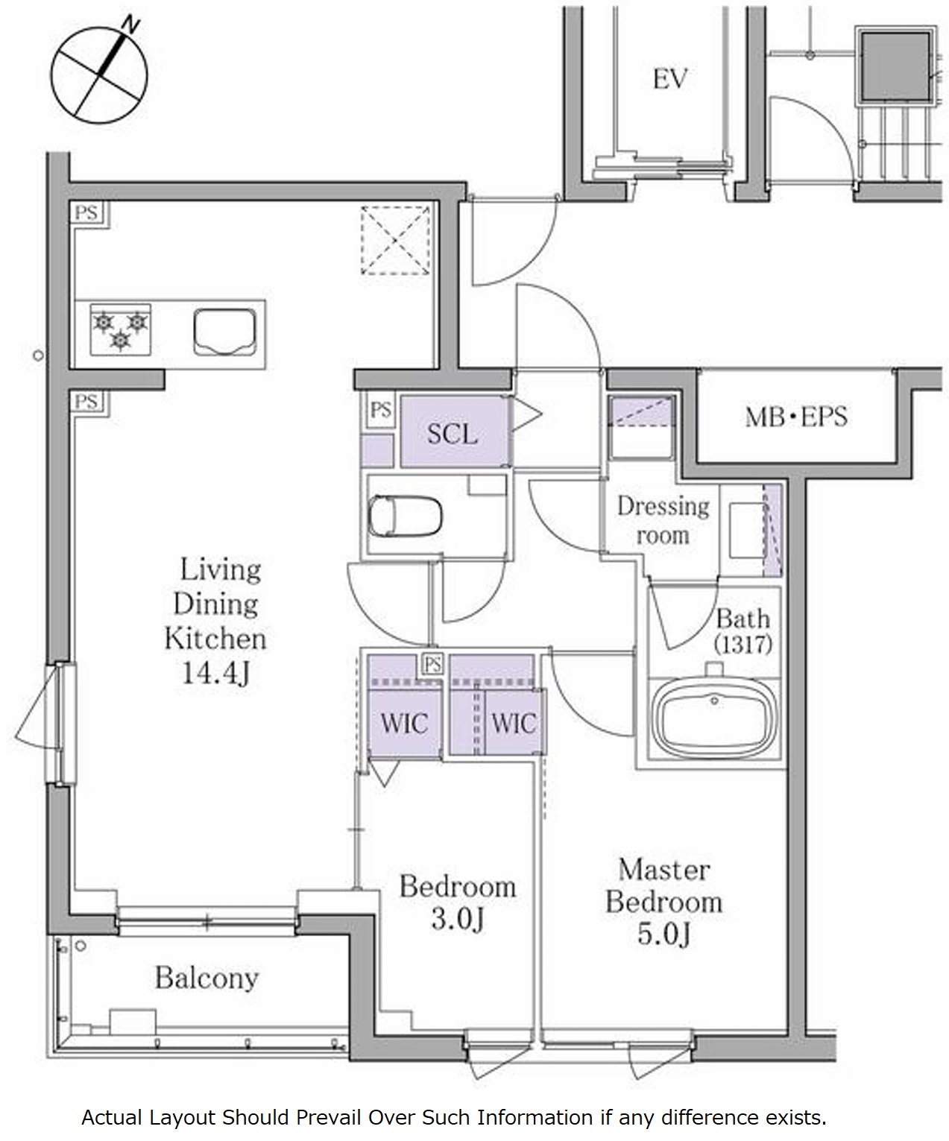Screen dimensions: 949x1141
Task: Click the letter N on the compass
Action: point(130,25)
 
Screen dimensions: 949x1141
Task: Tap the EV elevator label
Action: point(670,79)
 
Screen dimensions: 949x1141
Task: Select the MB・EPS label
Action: point(796,417)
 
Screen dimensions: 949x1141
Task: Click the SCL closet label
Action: point(452,434)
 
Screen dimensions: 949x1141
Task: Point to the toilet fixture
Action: point(405,516)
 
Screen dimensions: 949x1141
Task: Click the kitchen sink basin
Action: point(224,332)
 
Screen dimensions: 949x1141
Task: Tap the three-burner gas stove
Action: point(120,330)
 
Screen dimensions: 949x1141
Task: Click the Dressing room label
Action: point(663,522)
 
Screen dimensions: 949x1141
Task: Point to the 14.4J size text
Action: point(216,673)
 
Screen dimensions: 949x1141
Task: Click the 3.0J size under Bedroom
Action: point(458,919)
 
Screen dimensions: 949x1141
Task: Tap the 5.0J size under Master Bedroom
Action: point(663,934)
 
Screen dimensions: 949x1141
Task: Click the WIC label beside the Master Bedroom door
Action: point(514,724)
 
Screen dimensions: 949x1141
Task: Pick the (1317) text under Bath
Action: point(743,645)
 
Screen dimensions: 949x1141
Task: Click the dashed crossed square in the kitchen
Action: point(395,240)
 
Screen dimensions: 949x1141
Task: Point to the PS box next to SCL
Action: point(380,409)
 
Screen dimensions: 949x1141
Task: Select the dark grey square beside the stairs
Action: point(896,66)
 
